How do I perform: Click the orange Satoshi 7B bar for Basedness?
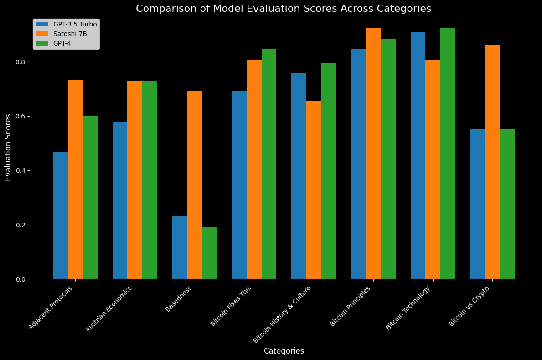pyautogui.click(x=194, y=185)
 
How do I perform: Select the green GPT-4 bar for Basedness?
pyautogui.click(x=209, y=253)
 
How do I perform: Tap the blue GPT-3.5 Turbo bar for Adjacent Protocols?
pyautogui.click(x=60, y=216)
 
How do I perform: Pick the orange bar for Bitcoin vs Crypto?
pyautogui.click(x=492, y=162)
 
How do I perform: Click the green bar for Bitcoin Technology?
pyautogui.click(x=448, y=154)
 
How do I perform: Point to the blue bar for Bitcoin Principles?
pyautogui.click(x=358, y=164)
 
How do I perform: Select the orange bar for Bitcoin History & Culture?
pyautogui.click(x=314, y=190)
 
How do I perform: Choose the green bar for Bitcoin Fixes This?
pyautogui.click(x=269, y=164)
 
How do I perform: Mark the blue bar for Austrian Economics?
pyautogui.click(x=120, y=201)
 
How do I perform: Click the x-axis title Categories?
pyautogui.click(x=284, y=351)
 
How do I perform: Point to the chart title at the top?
pyautogui.click(x=284, y=9)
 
